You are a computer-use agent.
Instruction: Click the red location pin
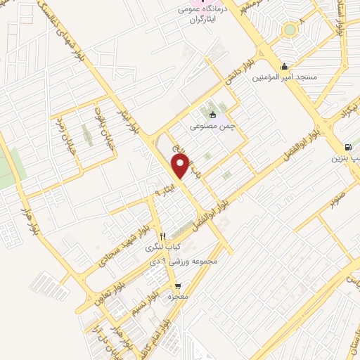tap(181, 167)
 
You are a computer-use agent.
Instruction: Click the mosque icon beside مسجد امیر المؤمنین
tap(284, 67)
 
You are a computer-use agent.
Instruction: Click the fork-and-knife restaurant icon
tap(162, 236)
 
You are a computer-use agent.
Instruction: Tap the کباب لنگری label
tap(164, 247)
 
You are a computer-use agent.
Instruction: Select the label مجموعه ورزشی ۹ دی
tap(181, 260)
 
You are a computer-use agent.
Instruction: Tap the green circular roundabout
tap(289, 30)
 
